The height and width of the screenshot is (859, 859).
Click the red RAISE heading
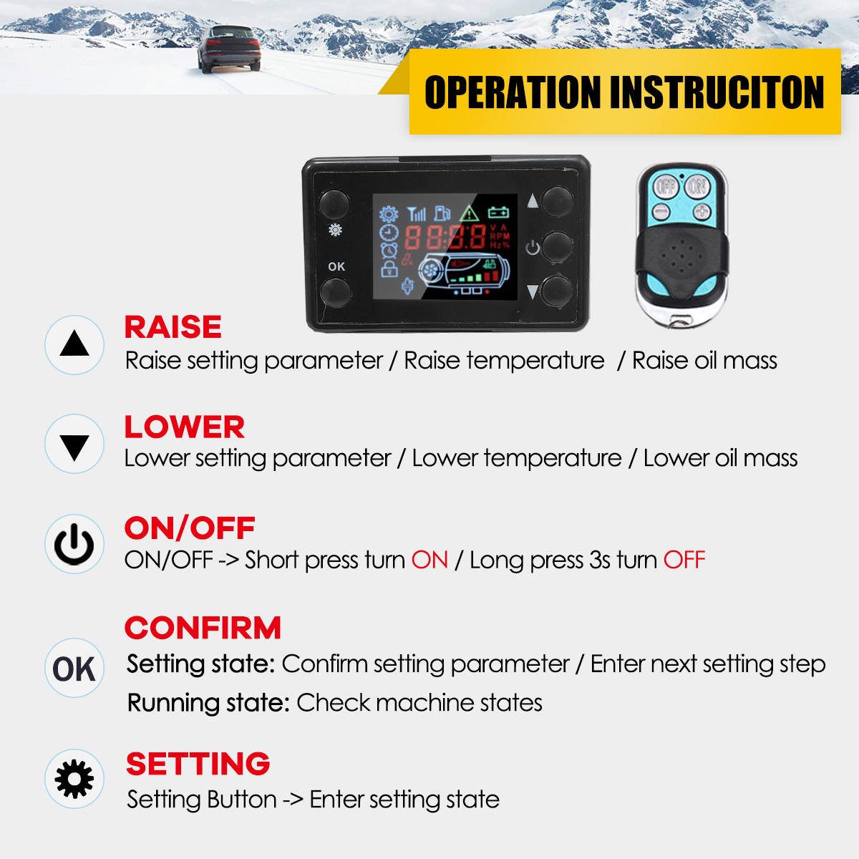[173, 326]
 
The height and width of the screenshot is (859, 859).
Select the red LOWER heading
[185, 427]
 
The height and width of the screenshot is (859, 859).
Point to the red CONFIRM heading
[203, 628]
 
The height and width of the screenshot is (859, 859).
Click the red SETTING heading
[198, 764]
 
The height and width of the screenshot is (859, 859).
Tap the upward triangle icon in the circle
[74, 344]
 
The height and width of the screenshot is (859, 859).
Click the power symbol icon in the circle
[74, 544]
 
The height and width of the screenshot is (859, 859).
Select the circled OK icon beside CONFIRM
[74, 669]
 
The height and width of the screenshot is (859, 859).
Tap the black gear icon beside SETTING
[74, 779]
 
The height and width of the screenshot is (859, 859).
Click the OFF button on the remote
[666, 187]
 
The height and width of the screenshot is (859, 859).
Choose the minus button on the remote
[661, 211]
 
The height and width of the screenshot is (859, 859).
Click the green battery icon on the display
[498, 212]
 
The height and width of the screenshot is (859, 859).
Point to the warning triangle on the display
[470, 213]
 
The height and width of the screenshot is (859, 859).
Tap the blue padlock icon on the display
[389, 269]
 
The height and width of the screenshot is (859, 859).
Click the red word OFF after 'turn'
[684, 560]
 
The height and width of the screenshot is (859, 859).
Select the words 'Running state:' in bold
[208, 703]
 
